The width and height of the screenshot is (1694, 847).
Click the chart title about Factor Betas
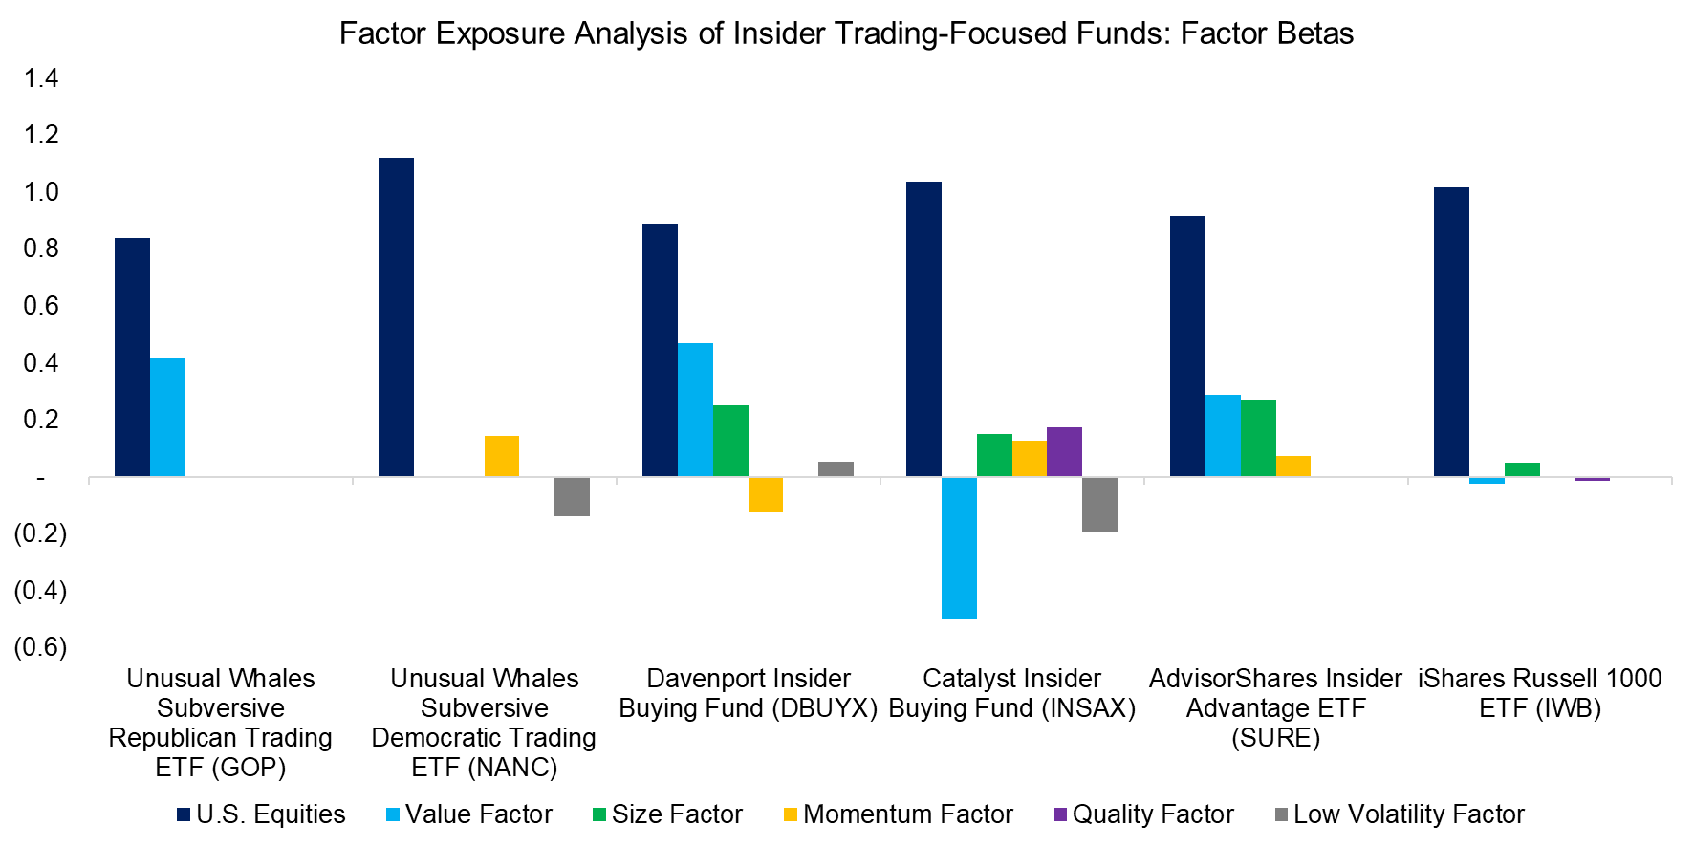point(846,33)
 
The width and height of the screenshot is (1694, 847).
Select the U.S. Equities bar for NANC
point(396,316)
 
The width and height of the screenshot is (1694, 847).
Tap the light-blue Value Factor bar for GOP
point(167,417)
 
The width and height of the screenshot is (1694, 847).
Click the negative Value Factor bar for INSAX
point(959,547)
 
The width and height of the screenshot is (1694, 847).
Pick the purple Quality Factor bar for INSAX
point(1064,451)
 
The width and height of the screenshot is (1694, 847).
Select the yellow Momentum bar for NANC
point(502,456)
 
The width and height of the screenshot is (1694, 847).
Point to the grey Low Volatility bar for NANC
point(572,496)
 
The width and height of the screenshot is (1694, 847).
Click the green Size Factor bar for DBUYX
point(730,441)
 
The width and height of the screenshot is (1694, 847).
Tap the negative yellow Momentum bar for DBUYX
point(766,494)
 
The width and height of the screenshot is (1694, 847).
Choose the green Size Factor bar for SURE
point(1258,438)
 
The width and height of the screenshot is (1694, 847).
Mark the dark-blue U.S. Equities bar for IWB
point(1451,332)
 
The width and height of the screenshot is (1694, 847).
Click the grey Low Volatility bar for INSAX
point(1099,504)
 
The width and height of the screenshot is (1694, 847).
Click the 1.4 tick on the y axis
point(41,78)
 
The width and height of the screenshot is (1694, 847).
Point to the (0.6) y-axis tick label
point(40,647)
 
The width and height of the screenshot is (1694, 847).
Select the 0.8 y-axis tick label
point(41,249)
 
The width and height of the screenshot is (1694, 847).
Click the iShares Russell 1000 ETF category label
point(1539,693)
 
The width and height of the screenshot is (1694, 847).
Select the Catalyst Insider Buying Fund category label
point(1011,693)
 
